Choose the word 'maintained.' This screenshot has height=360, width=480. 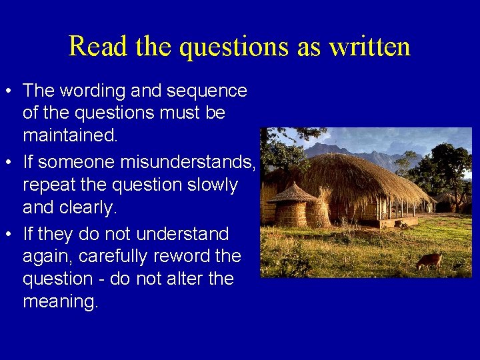(x=70, y=136)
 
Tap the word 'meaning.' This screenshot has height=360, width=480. (x=61, y=302)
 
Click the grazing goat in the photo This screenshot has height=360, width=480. (x=429, y=261)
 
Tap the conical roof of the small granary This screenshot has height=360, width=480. (x=293, y=193)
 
